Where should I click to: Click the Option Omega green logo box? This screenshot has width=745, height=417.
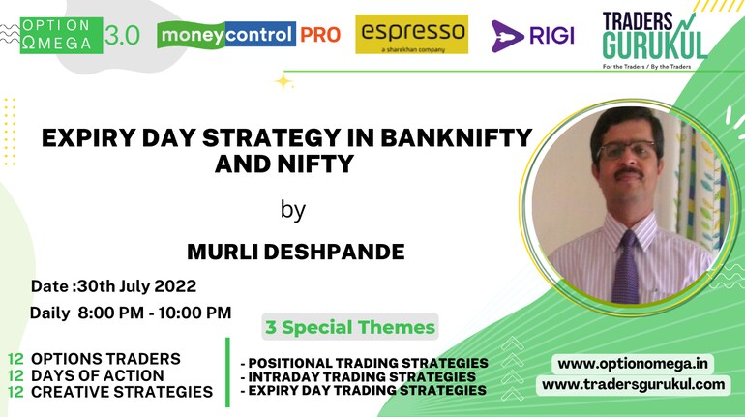pyautogui.click(x=61, y=35)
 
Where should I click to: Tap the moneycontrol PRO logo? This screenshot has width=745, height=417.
pyautogui.click(x=249, y=35)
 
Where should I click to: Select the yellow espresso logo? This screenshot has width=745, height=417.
pyautogui.click(x=411, y=34)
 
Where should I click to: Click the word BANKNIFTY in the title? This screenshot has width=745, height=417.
pyautogui.click(x=456, y=138)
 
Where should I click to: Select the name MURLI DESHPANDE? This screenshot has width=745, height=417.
pyautogui.click(x=295, y=252)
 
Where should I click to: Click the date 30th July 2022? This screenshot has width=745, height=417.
pyautogui.click(x=136, y=286)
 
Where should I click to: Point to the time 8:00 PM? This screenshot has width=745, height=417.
pyautogui.click(x=110, y=313)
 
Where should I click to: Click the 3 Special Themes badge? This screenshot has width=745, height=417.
pyautogui.click(x=350, y=327)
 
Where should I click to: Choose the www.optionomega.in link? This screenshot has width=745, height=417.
pyautogui.click(x=633, y=364)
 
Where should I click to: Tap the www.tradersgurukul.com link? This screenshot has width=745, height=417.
pyautogui.click(x=634, y=384)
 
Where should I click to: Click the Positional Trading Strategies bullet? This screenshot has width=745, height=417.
pyautogui.click(x=365, y=363)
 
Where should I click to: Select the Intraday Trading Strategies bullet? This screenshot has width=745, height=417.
pyautogui.click(x=358, y=376)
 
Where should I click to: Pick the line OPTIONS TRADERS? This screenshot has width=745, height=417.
pyautogui.click(x=105, y=359)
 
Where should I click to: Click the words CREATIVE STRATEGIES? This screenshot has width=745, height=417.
pyautogui.click(x=122, y=392)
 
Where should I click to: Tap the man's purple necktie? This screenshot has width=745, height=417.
pyautogui.click(x=626, y=267)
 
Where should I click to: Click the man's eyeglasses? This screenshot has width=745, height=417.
pyautogui.click(x=626, y=151)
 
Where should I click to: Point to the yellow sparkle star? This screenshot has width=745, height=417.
pyautogui.click(x=283, y=82)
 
